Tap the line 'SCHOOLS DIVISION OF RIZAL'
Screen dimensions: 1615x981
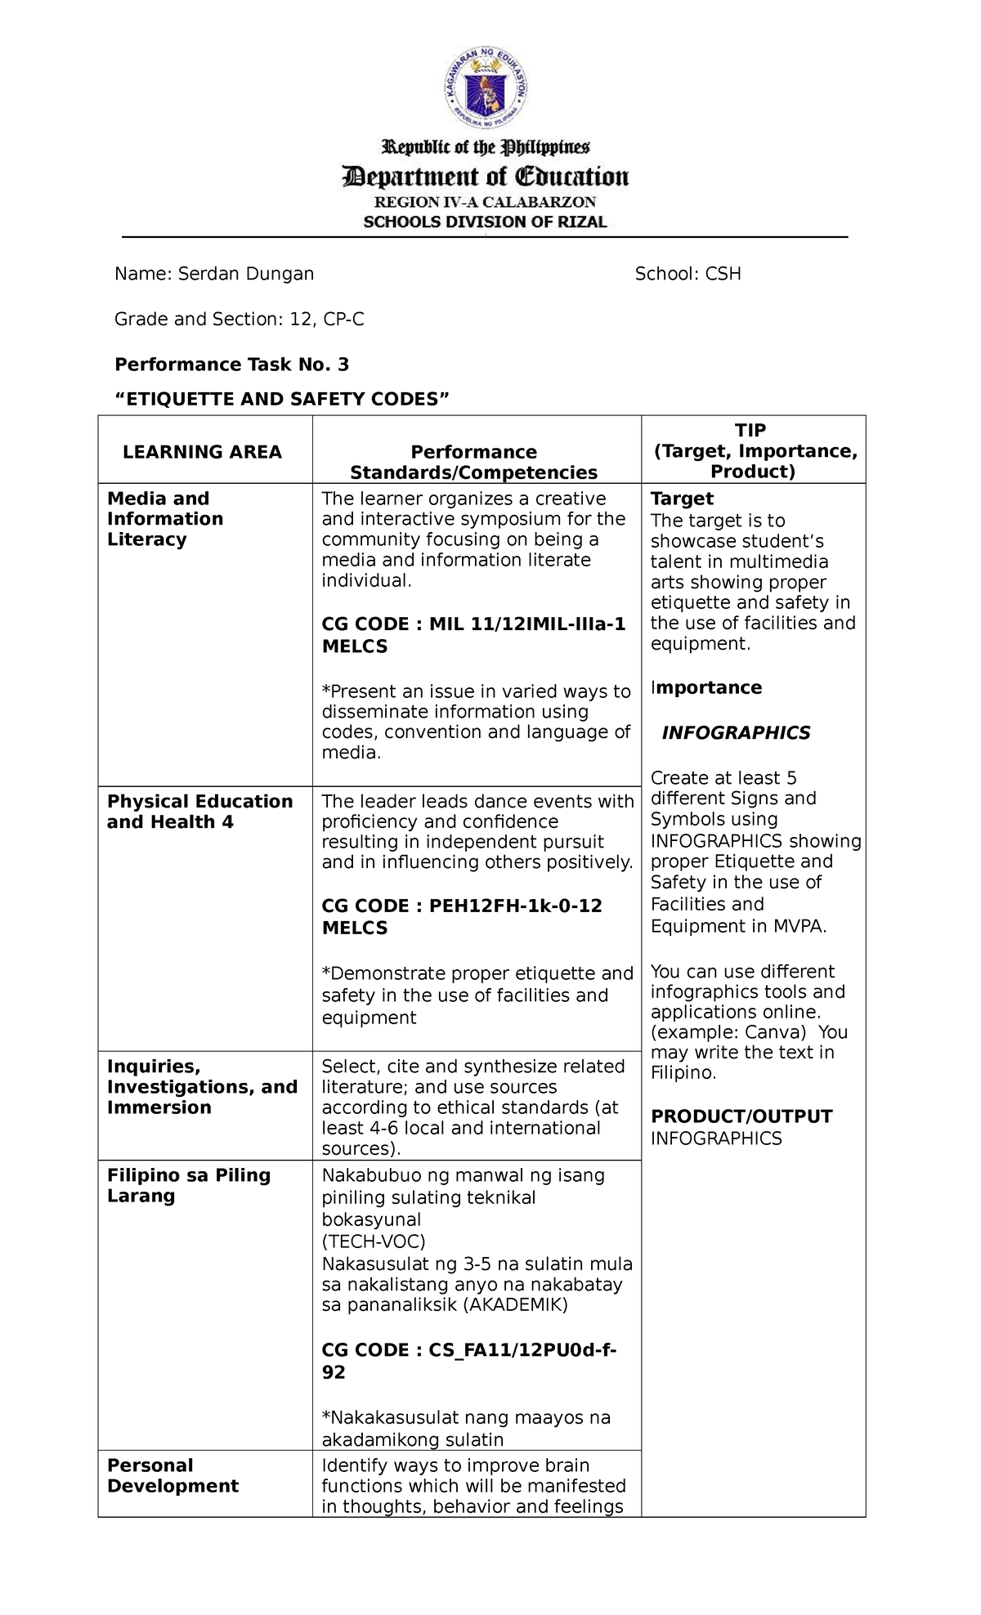tap(486, 221)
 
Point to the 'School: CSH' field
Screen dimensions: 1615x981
tap(688, 274)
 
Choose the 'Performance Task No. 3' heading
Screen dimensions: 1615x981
tap(232, 364)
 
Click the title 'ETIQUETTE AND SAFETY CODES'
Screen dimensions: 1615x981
tap(282, 399)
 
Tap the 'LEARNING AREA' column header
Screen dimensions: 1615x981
tap(202, 452)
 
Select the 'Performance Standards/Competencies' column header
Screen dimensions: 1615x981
tap(473, 462)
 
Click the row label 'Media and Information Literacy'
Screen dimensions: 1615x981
tap(165, 519)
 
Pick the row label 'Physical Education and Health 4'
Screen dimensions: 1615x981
tap(199, 812)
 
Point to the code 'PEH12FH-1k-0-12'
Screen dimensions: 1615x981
tap(515, 906)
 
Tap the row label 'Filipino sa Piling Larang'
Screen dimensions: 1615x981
tap(188, 1185)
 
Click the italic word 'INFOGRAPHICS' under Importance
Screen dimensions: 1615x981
tap(736, 732)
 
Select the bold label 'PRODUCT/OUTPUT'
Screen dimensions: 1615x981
tap(741, 1116)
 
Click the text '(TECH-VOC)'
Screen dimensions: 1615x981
tap(374, 1241)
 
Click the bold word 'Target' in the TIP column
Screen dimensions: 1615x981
tap(682, 499)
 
